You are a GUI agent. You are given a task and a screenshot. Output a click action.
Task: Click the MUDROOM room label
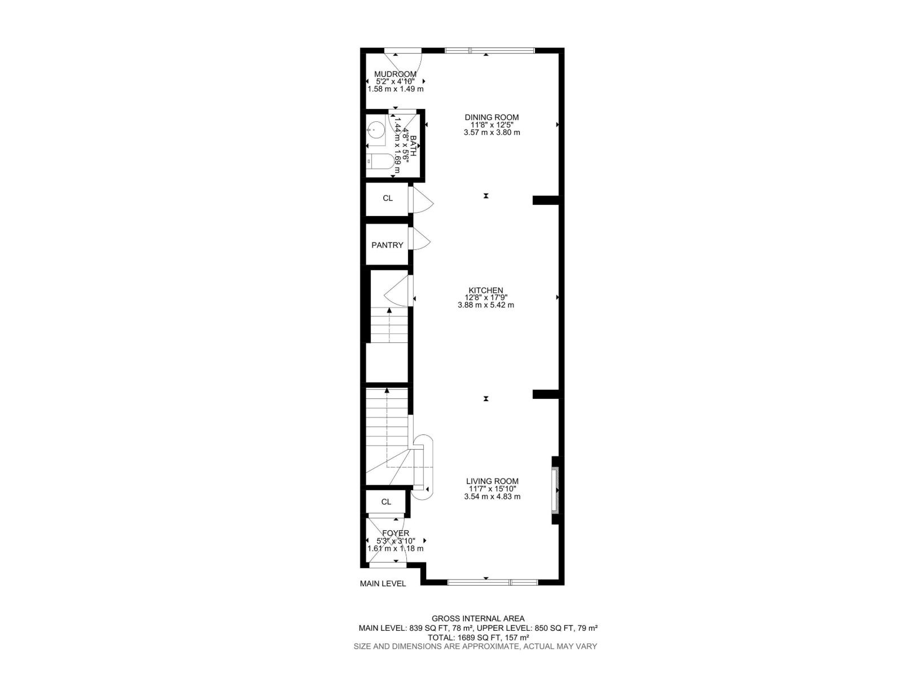coord(395,74)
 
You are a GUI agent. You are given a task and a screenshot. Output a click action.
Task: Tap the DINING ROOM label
coord(492,117)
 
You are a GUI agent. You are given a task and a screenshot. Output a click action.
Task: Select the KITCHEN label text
coord(485,291)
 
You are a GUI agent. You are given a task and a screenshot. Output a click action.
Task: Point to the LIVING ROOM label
coord(492,481)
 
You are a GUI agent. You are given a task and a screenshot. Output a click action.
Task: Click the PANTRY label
coord(387,245)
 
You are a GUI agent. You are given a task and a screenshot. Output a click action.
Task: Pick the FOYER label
coord(395,533)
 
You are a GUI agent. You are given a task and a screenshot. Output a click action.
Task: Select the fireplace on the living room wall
coord(556,490)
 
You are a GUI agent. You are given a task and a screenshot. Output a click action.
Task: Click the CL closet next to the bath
coord(387,199)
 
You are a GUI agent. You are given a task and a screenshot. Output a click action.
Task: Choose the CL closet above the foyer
coord(386,502)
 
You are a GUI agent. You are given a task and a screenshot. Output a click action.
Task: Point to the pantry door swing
coord(420,238)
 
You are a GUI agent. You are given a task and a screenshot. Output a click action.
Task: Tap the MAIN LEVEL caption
coord(383,584)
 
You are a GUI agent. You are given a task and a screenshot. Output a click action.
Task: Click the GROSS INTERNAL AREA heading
coord(478,619)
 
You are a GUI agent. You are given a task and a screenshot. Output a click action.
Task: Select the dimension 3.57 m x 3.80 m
coord(492,133)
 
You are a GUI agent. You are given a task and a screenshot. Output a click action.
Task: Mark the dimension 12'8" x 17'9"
coord(485,298)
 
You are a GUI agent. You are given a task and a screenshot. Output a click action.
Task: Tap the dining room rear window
coord(489,51)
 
